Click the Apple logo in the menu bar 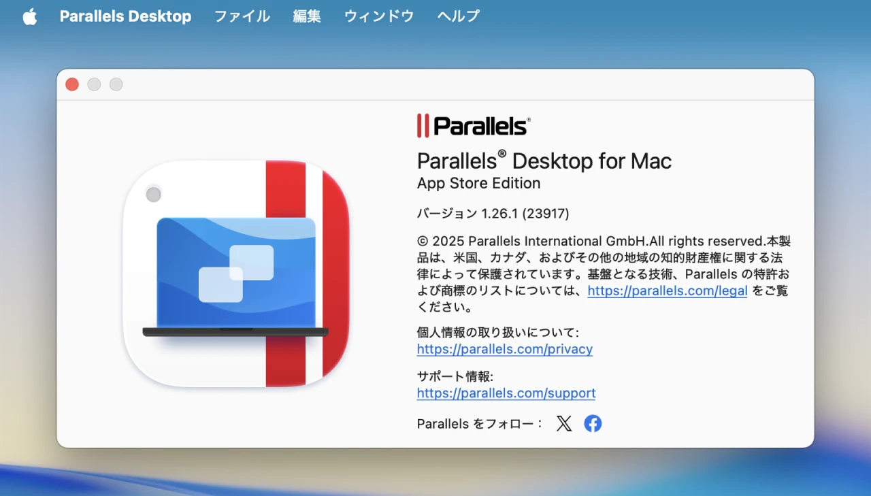(x=30, y=16)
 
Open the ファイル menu (x=242, y=16)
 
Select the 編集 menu (x=307, y=16)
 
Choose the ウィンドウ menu (x=379, y=16)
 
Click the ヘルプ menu (x=459, y=16)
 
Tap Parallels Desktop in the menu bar (x=125, y=16)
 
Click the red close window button (x=72, y=84)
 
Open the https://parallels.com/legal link (x=667, y=291)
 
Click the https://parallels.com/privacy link (x=504, y=349)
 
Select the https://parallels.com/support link (x=506, y=393)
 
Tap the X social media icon (x=564, y=424)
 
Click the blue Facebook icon (x=593, y=424)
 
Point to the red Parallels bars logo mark (x=423, y=126)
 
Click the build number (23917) (x=546, y=214)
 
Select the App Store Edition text (x=478, y=184)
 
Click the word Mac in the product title (x=650, y=161)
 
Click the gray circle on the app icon (x=154, y=195)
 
